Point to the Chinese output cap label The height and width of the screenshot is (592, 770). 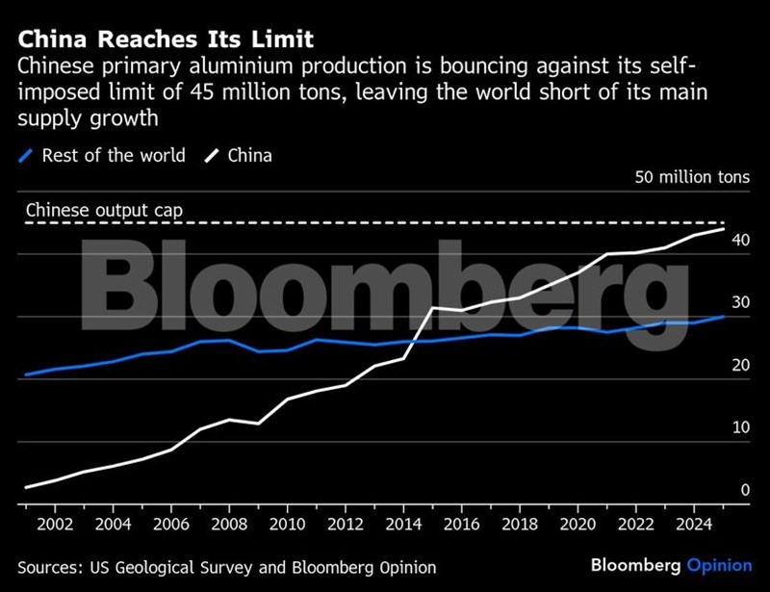(x=104, y=210)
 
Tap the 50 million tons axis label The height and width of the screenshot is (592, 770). (x=691, y=179)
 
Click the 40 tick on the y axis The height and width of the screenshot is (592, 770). (x=740, y=240)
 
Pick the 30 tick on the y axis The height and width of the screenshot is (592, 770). (x=740, y=302)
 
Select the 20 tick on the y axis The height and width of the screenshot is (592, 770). (x=740, y=365)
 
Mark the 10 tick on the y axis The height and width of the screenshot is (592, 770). (x=740, y=427)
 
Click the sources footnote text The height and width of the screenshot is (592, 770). (x=226, y=568)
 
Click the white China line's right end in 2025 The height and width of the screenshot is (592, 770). (x=724, y=230)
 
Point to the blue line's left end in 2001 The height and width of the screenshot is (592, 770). (x=26, y=374)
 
